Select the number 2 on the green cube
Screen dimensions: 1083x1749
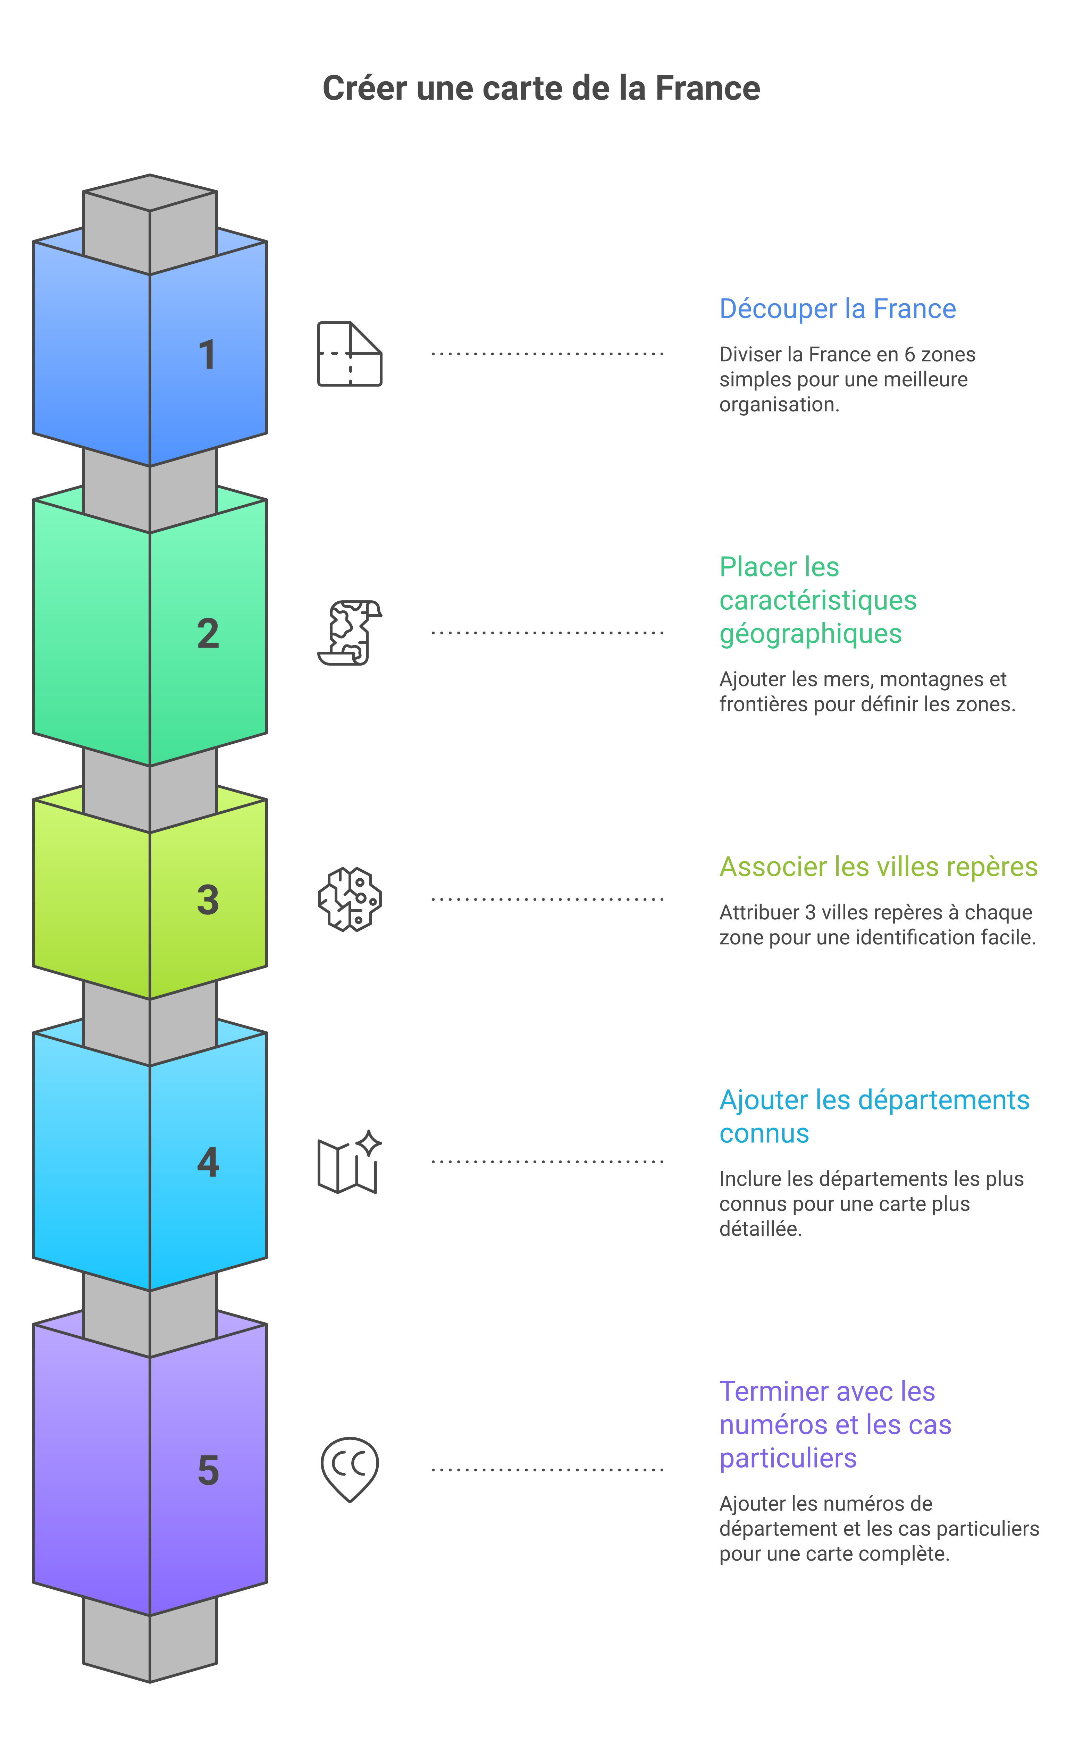click(x=208, y=634)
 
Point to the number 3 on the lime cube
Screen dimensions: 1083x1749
click(x=208, y=900)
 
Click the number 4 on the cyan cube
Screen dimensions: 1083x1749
click(x=208, y=1162)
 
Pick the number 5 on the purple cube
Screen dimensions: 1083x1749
click(x=208, y=1470)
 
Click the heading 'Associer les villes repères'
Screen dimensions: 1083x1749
click(x=878, y=867)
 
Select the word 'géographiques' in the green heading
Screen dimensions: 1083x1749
click(x=810, y=634)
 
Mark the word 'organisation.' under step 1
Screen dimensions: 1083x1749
click(x=779, y=405)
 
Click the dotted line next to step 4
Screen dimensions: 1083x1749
click(x=548, y=1161)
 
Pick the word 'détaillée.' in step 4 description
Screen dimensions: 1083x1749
click(x=761, y=1229)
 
